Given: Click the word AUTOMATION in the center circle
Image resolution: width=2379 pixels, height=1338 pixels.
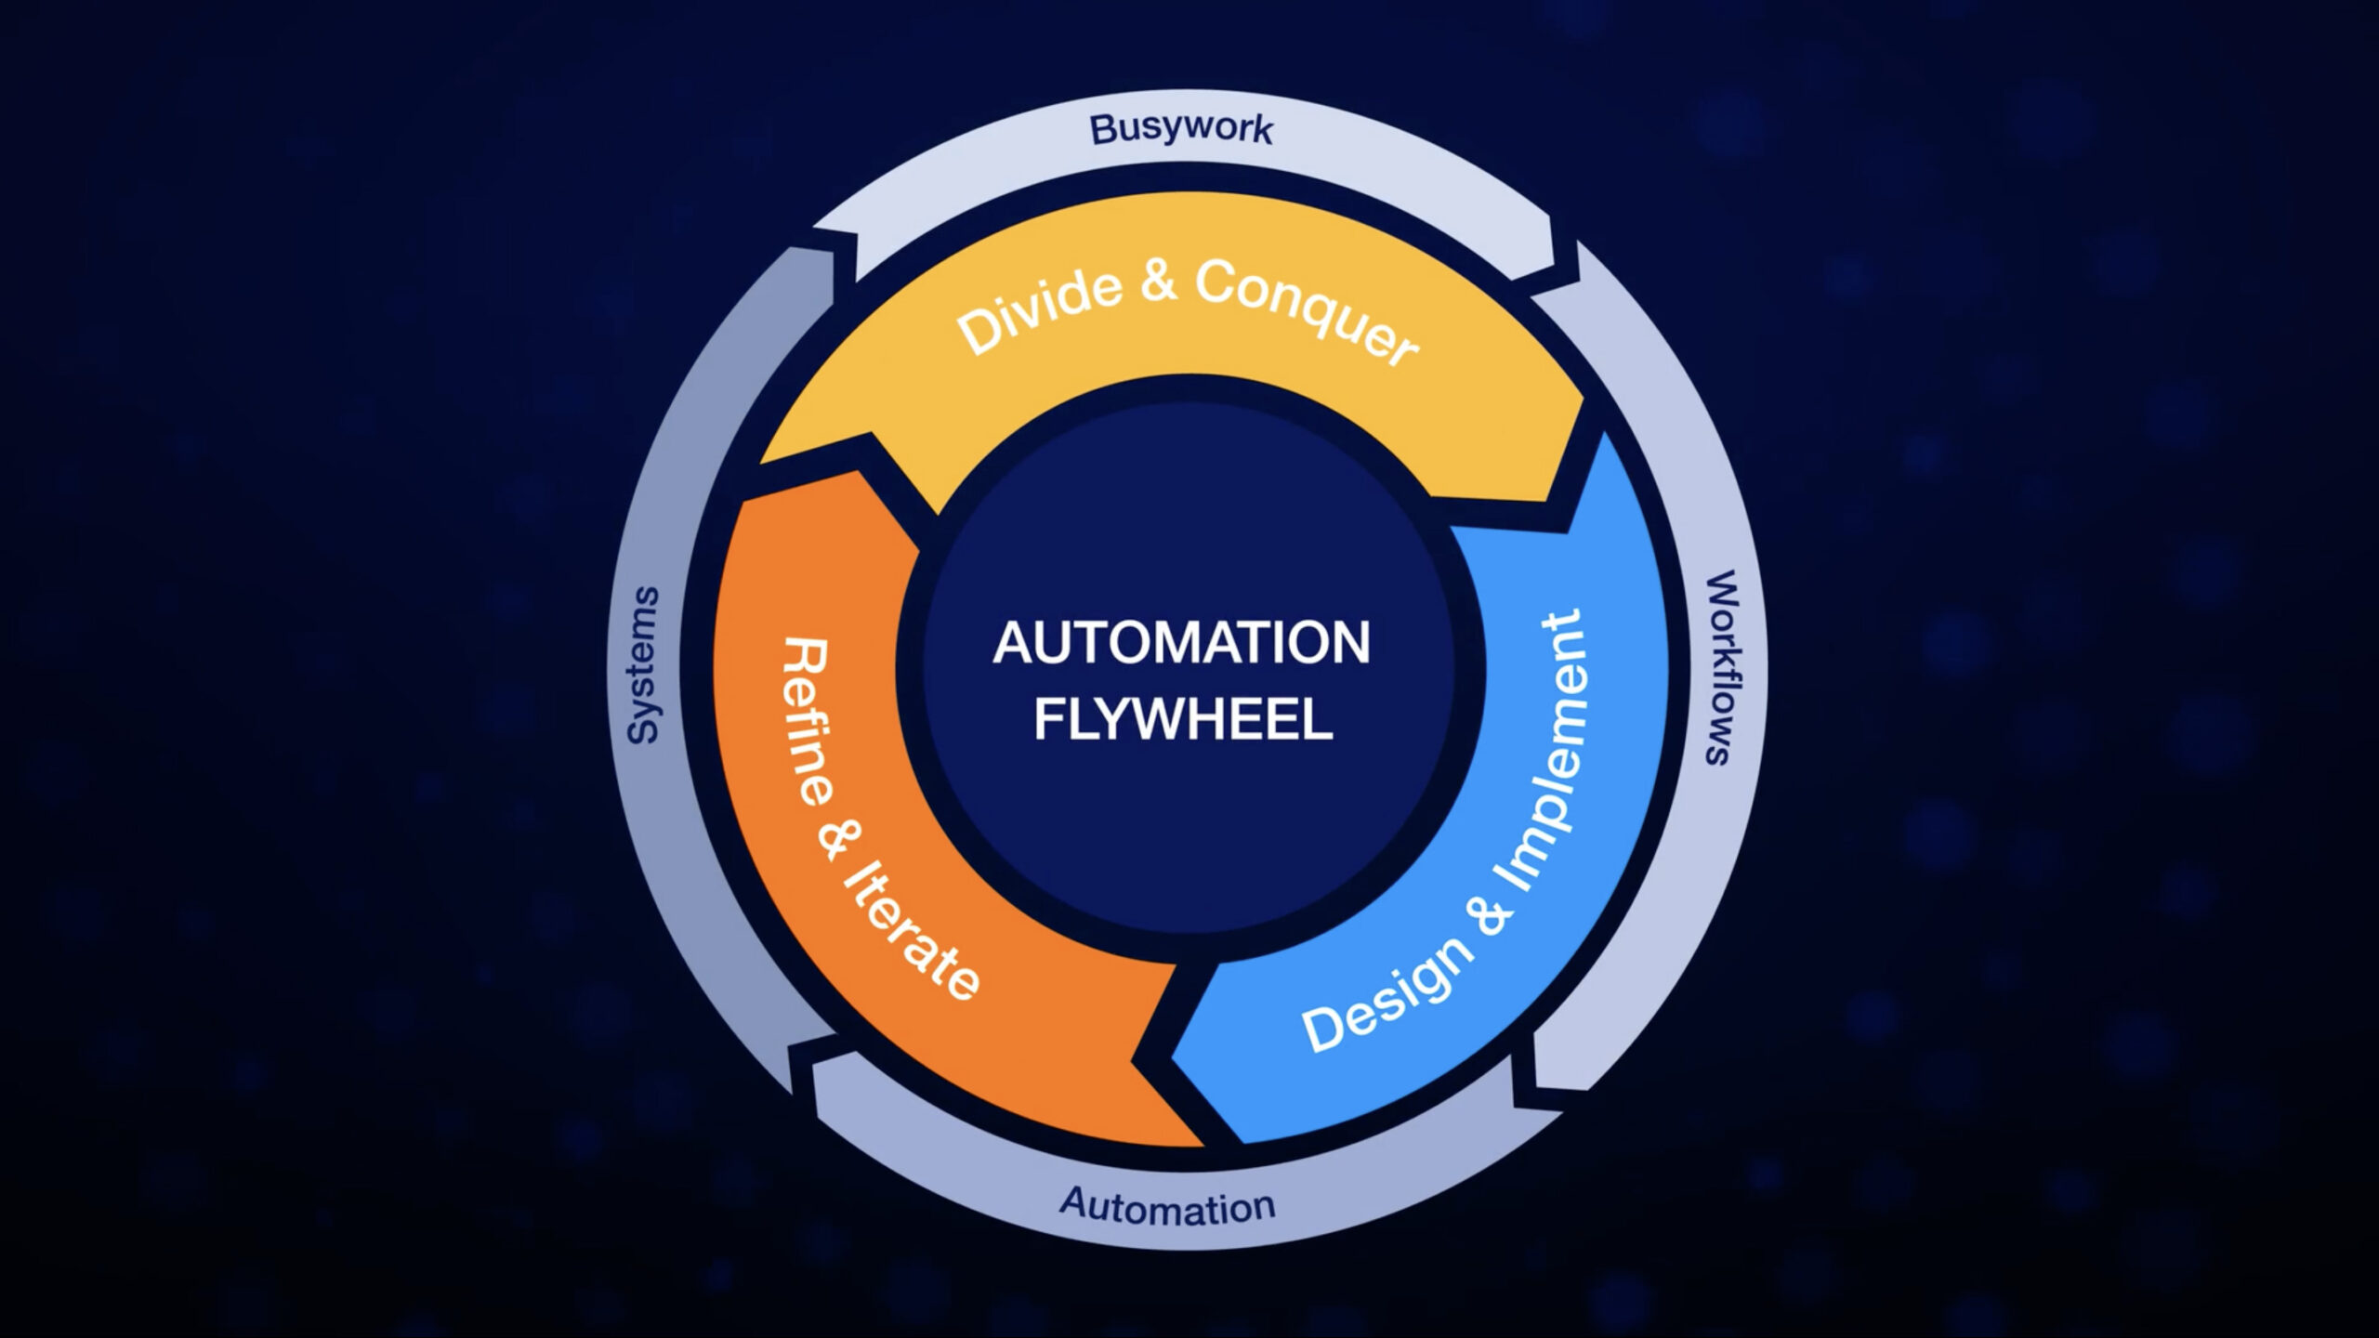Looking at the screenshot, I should tap(1181, 643).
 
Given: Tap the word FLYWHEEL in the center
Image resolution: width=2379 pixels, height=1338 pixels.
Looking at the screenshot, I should tap(1183, 720).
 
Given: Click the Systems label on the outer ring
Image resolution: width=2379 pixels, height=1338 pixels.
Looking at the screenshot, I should tap(643, 665).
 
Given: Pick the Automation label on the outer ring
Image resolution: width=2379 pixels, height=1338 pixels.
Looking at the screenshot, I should tap(1167, 1206).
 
